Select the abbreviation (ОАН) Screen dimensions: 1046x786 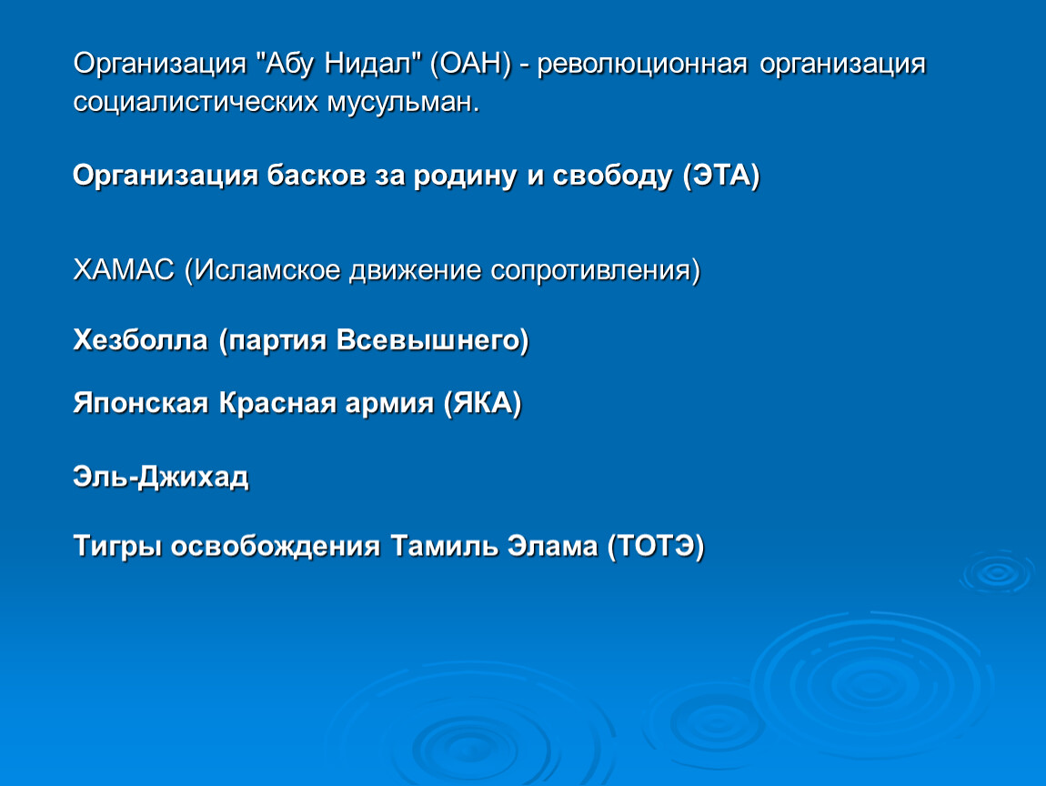point(471,65)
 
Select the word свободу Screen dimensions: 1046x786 point(612,176)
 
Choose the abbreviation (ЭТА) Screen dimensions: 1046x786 point(721,176)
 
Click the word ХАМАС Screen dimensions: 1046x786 point(124,270)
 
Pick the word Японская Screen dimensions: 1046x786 point(141,404)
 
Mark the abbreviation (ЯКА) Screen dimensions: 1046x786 point(482,404)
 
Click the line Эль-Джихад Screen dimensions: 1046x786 point(161,478)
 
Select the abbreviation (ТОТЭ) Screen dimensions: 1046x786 point(656,547)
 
